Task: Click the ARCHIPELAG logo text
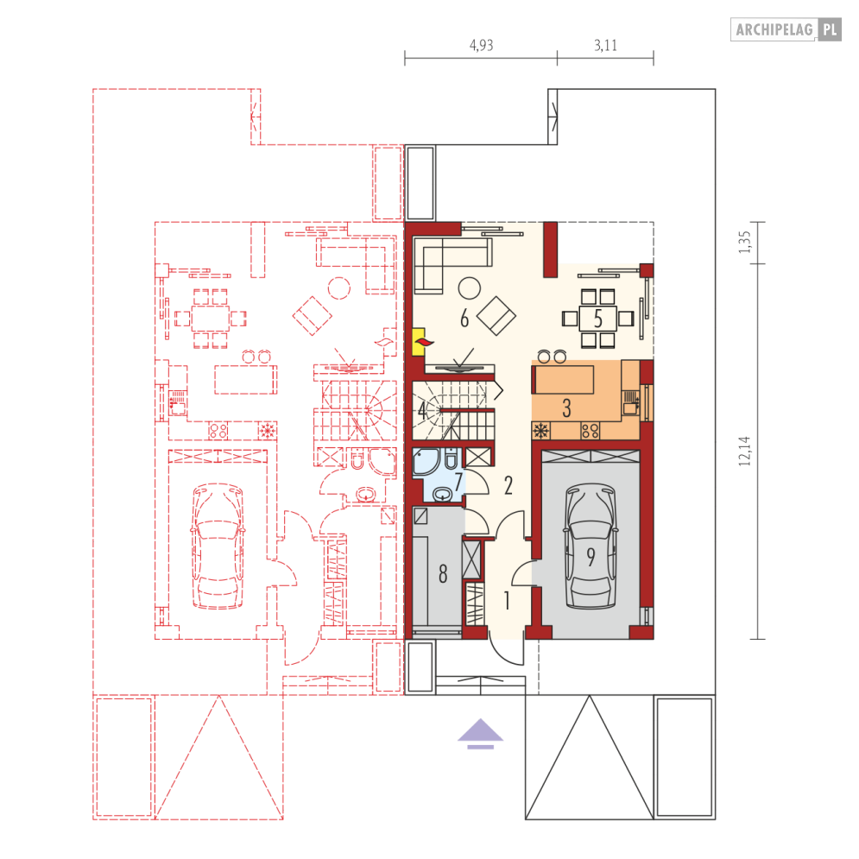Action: point(774,29)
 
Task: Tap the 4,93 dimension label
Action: point(481,45)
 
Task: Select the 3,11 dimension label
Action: point(605,45)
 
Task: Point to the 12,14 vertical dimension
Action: point(744,451)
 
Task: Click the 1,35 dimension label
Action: point(744,242)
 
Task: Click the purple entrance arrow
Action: point(481,733)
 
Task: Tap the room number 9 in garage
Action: point(591,557)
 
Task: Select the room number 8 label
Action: point(443,573)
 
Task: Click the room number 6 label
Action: point(464,318)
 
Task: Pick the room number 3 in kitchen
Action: point(566,408)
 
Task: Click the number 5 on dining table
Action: point(597,318)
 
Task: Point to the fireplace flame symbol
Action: point(425,343)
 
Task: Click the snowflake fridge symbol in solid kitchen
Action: point(541,431)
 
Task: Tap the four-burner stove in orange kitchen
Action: point(590,431)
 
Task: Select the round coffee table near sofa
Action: point(470,287)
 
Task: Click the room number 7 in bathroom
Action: point(458,482)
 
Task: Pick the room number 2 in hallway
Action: point(508,485)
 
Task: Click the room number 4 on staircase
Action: point(422,410)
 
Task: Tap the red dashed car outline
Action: point(218,546)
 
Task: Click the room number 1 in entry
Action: point(507,600)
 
